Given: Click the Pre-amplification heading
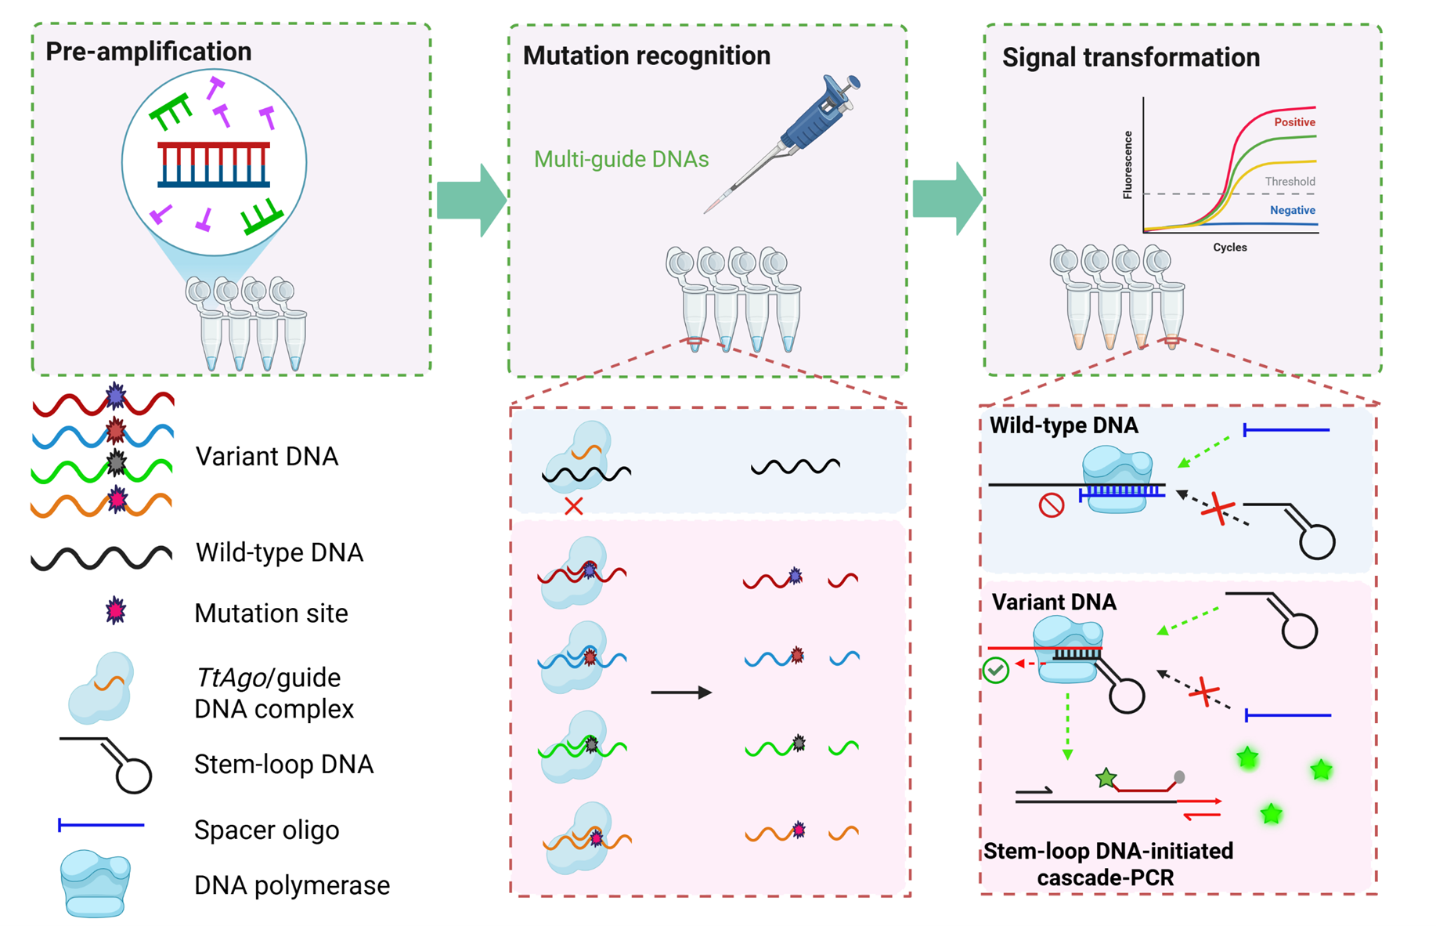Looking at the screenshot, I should click(148, 52).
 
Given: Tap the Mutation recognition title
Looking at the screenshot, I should click(646, 56).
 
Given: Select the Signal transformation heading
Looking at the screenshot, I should click(1131, 57).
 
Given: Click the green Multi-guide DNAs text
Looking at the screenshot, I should click(621, 159).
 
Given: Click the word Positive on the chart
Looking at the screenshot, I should click(1293, 122).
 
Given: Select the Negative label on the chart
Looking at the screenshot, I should click(1292, 210).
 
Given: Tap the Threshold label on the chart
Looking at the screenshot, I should click(1290, 182).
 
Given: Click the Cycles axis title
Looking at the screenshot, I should click(1229, 248).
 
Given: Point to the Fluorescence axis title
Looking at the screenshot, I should click(1128, 165).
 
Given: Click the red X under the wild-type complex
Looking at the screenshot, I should click(574, 506).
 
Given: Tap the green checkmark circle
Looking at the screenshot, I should click(995, 671).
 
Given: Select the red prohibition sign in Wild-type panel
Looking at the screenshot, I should click(1051, 505).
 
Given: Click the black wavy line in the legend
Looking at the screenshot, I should click(101, 558).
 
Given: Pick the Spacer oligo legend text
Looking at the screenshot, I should click(266, 830).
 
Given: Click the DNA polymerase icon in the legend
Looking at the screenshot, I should click(96, 885).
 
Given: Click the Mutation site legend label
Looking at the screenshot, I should click(271, 613).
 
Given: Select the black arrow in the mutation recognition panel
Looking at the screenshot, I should click(681, 693).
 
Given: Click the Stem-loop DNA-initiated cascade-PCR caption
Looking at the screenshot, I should click(1107, 864).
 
